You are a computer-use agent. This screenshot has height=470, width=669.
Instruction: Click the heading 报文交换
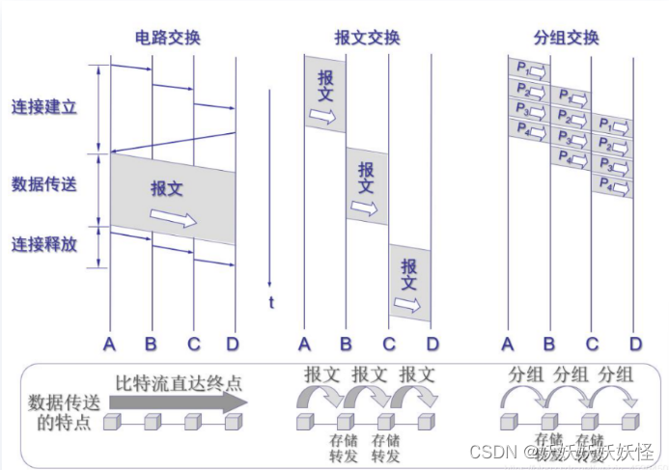point(367,39)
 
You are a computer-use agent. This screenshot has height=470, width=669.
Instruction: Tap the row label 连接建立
point(44,106)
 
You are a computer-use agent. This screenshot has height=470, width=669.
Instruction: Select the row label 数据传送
point(44,183)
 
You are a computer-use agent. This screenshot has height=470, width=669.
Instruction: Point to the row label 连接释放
point(44,245)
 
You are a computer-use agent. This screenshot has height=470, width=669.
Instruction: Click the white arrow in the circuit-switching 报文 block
point(174,219)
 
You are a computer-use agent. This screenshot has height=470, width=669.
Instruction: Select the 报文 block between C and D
point(409,283)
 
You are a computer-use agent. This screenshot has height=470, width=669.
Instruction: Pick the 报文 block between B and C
point(367,186)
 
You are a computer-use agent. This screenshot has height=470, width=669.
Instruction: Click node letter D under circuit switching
point(232,344)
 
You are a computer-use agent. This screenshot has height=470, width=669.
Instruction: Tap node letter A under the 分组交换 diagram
point(508,344)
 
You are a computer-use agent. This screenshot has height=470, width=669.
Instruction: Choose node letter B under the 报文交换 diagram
point(347,344)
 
